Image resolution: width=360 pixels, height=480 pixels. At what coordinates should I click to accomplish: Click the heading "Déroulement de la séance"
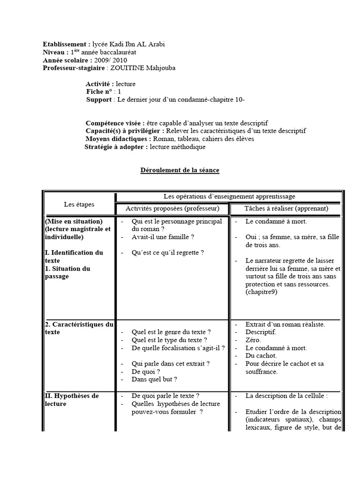coord(180,170)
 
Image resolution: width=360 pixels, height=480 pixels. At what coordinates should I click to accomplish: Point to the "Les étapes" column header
coord(79,204)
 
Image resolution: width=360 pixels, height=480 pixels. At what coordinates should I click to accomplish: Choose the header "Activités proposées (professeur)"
coord(172,208)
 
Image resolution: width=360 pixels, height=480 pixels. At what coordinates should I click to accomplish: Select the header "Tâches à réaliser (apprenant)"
coord(286,208)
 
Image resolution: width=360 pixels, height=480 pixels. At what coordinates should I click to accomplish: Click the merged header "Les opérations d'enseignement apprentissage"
coord(229,196)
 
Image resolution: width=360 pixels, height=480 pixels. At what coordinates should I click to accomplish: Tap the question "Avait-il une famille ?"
coord(163,237)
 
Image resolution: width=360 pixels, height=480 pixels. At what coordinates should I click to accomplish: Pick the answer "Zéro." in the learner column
coord(254,340)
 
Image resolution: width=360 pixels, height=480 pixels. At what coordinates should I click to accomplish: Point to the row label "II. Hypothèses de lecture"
coord(72,399)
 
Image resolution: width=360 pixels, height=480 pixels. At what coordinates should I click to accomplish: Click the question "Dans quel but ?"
coord(155,380)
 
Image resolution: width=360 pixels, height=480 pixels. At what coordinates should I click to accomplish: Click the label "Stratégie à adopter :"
coord(115,147)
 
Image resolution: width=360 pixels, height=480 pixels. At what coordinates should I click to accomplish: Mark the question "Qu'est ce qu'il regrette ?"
coord(168,253)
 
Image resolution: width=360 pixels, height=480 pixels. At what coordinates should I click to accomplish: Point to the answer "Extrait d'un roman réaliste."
coord(285,324)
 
